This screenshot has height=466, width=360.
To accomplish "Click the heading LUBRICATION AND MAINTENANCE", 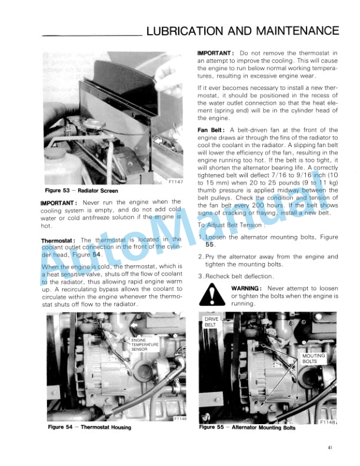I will (x=242, y=31).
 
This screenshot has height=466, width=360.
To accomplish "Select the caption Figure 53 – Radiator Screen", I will (x=81, y=191).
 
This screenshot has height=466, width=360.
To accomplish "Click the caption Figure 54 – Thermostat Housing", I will (x=89, y=427).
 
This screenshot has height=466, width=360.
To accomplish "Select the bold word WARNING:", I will (x=246, y=288).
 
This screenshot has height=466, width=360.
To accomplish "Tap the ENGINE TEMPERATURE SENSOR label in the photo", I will (x=142, y=344).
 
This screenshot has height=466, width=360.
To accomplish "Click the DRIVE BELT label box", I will (x=211, y=322).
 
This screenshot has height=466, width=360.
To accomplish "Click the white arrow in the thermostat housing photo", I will (x=135, y=324).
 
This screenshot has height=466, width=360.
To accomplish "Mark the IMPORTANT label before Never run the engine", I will (x=61, y=203).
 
